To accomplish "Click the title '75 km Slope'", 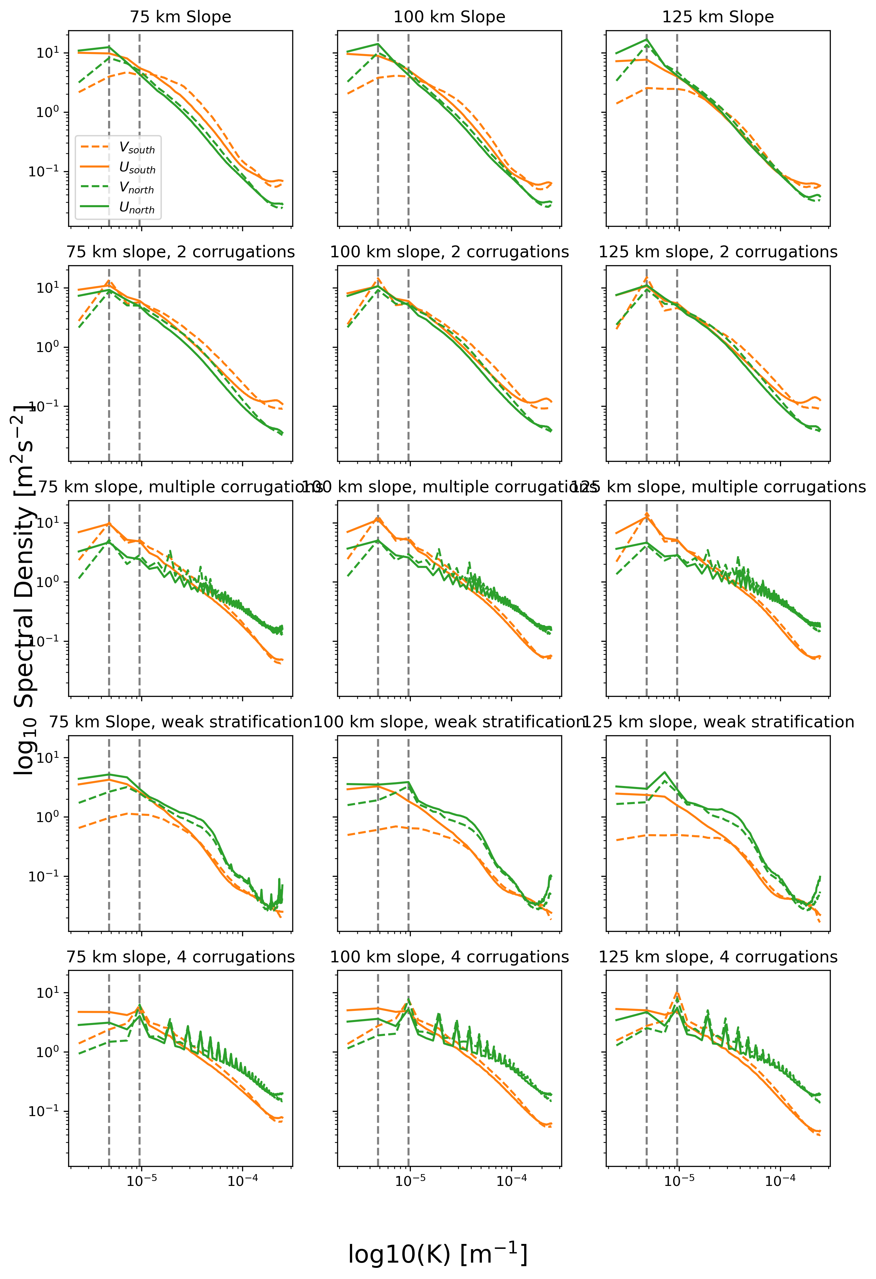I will (x=181, y=17).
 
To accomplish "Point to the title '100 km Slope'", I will (x=449, y=17).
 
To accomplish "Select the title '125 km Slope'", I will (x=718, y=17).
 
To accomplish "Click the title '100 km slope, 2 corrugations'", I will (x=449, y=252).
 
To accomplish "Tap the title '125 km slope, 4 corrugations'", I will (x=718, y=957).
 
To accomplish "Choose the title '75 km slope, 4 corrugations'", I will (x=181, y=957).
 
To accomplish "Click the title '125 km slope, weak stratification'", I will (x=718, y=722).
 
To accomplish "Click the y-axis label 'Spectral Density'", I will (x=25, y=589).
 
